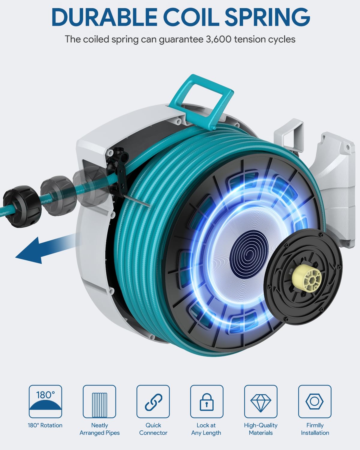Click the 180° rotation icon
45,401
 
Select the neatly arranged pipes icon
99,401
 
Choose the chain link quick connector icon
153,401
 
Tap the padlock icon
207,401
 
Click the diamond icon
261,401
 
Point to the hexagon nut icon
315,401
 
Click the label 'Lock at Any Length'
206,429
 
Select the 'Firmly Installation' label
315,429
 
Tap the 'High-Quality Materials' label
261,429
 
